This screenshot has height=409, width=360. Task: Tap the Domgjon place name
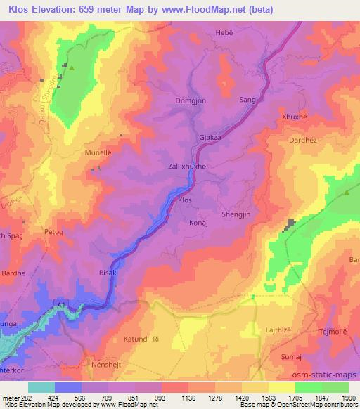191,101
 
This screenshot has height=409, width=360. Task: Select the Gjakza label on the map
210,138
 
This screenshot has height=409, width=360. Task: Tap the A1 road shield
63,304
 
